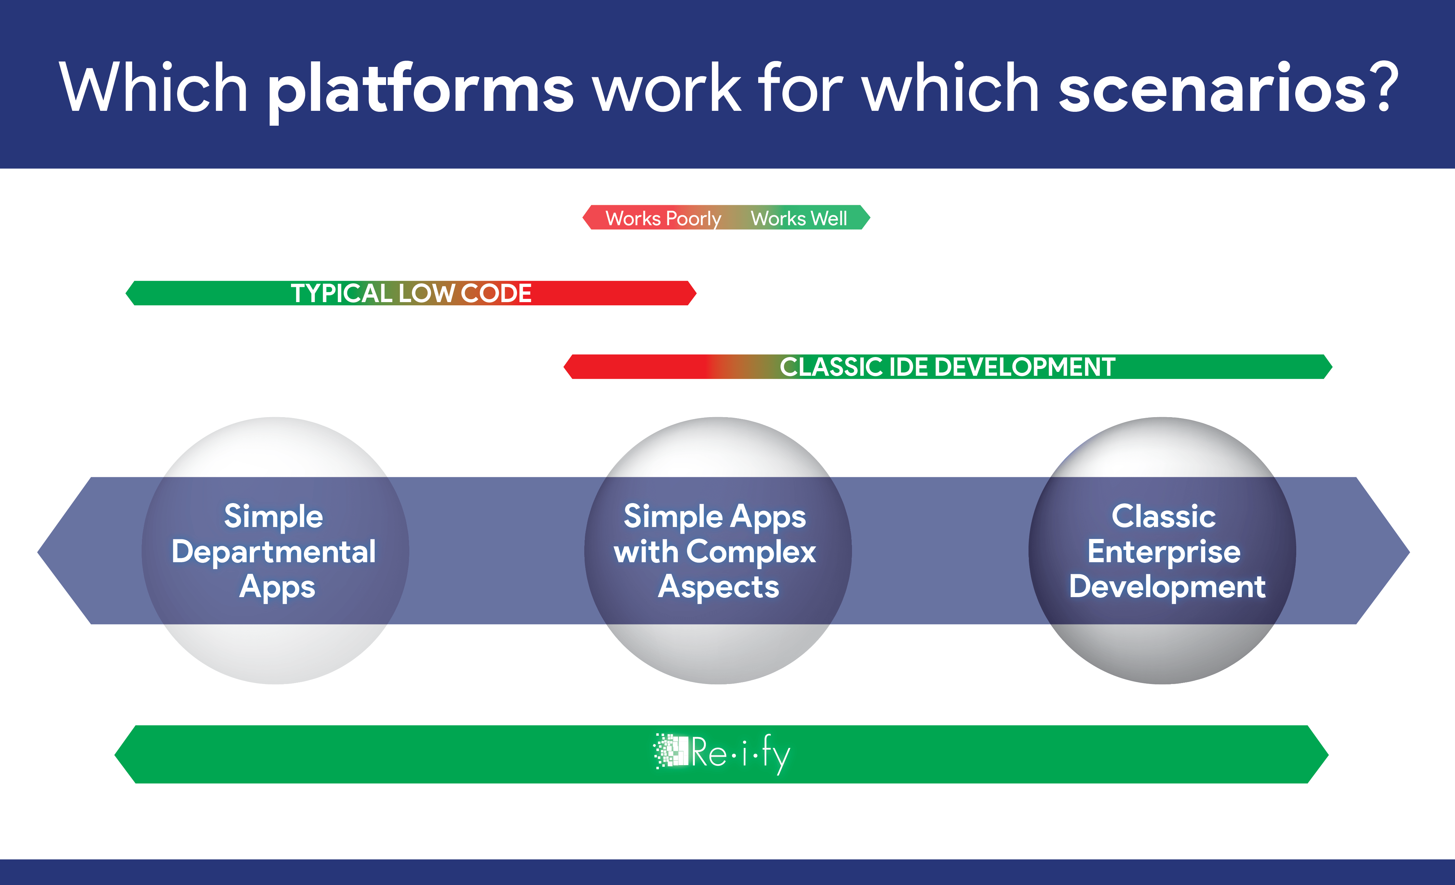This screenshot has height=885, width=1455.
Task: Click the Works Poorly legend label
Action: (x=663, y=219)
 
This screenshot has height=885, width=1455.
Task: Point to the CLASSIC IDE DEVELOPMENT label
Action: (x=947, y=367)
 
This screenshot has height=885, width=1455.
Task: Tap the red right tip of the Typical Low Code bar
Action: (x=696, y=293)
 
